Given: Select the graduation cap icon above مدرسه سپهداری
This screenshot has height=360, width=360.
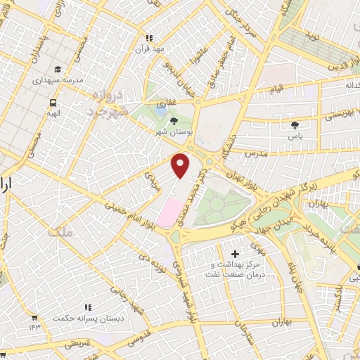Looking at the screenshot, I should point(57,70).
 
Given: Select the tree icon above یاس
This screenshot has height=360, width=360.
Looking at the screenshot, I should point(295,125).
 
